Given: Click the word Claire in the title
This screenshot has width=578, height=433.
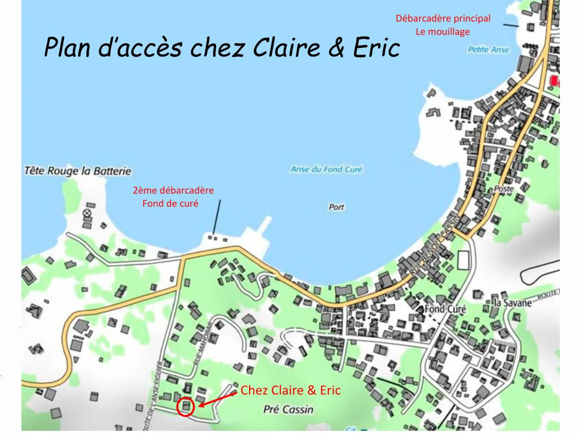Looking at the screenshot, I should (286, 47).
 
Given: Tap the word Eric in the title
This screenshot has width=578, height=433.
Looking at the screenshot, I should (377, 47).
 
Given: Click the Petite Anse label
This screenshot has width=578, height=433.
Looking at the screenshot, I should (488, 50).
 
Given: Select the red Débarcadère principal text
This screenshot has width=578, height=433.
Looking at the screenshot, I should (443, 18).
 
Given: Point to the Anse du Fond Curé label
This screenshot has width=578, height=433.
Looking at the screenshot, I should (326, 169).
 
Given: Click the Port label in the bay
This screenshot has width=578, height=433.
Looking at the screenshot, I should (336, 207).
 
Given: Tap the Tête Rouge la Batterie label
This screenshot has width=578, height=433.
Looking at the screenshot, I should (78, 171).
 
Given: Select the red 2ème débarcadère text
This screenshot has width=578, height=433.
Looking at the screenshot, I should (173, 190).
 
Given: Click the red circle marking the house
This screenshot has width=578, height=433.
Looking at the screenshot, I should (185, 407).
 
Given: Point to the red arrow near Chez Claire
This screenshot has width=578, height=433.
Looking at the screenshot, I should (217, 400).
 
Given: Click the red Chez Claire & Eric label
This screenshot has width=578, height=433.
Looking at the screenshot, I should (290, 390).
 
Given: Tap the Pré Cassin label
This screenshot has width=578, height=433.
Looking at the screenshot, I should (288, 409).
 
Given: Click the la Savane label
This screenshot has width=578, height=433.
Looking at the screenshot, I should (513, 303).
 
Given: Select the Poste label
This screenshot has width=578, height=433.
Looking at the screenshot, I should (504, 188).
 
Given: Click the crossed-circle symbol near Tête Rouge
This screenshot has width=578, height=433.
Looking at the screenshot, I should (87, 213).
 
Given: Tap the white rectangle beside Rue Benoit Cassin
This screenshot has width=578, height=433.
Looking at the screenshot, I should (463, 260).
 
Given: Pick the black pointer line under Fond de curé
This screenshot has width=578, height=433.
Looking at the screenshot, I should (217, 217).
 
